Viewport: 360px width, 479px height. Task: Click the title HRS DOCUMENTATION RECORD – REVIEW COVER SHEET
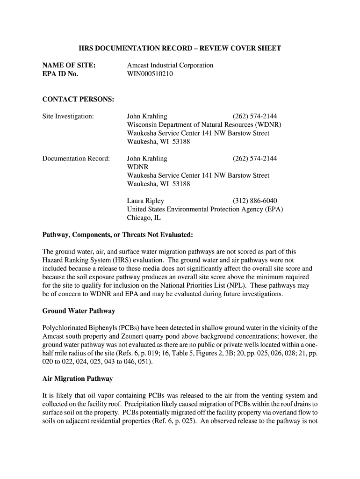[180, 48]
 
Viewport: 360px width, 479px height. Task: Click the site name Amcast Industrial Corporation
[170, 65]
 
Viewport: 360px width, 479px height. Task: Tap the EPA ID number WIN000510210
[150, 74]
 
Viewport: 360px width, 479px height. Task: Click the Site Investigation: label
[68, 116]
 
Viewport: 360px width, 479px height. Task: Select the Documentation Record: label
[76, 159]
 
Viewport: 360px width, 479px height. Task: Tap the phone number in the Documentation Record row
[255, 159]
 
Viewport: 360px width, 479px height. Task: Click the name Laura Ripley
[145, 201]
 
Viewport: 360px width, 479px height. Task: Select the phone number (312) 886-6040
[255, 201]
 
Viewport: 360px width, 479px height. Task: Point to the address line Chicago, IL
[144, 218]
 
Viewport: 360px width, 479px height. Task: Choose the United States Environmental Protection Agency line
[205, 210]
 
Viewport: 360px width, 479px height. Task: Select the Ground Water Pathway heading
[79, 311]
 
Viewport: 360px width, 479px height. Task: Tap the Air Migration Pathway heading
[78, 378]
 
